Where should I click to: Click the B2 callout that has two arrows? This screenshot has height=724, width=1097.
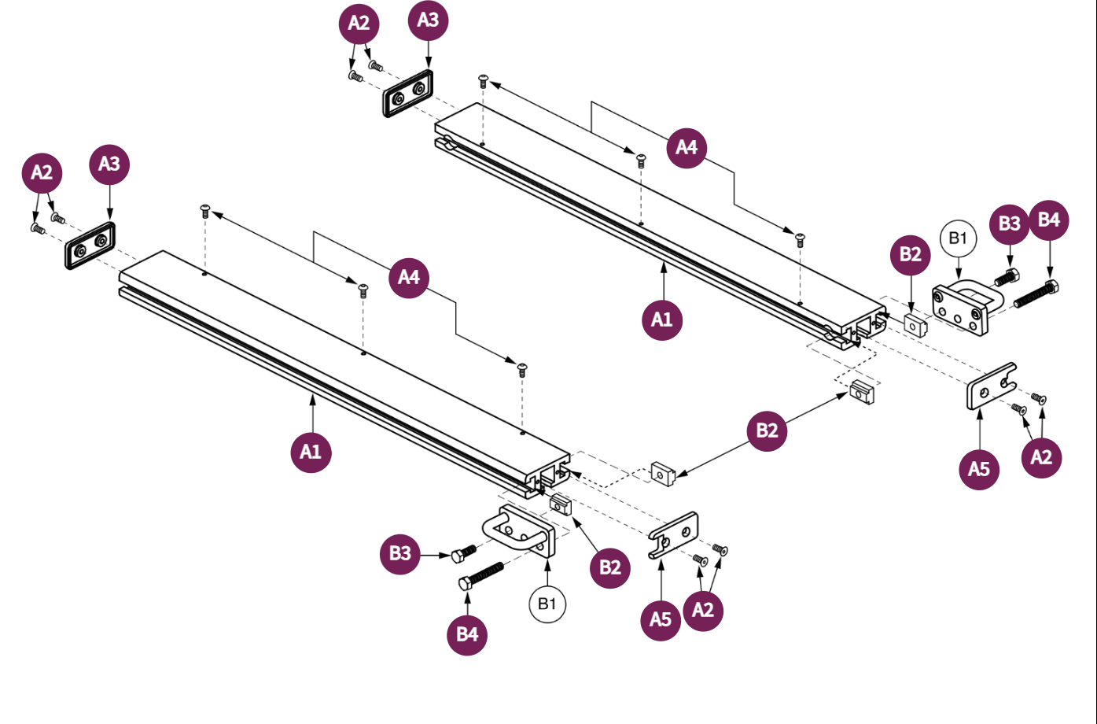tap(767, 430)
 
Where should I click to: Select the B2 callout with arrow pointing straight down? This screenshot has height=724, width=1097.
tap(910, 254)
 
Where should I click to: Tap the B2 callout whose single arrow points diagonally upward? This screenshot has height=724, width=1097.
tap(609, 567)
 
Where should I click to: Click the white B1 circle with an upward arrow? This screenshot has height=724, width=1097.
tap(547, 604)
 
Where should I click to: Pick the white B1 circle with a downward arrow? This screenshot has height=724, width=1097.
tap(958, 238)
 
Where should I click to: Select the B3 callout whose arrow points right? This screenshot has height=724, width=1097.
tap(400, 553)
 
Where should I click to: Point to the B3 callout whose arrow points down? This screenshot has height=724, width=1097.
tap(1009, 223)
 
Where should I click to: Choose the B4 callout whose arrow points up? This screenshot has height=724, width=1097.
tap(467, 634)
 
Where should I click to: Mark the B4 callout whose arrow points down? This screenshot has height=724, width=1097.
tap(1049, 220)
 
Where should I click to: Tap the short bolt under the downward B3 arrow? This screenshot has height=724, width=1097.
tap(1006, 277)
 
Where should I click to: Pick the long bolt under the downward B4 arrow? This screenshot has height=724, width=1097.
tap(1036, 294)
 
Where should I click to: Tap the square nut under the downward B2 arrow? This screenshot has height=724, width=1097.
tap(915, 323)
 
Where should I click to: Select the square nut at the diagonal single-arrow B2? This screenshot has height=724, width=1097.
tap(560, 504)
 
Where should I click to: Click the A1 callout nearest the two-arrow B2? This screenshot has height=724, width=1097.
tap(662, 320)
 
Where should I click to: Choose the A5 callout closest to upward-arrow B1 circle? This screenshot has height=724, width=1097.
tap(661, 620)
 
